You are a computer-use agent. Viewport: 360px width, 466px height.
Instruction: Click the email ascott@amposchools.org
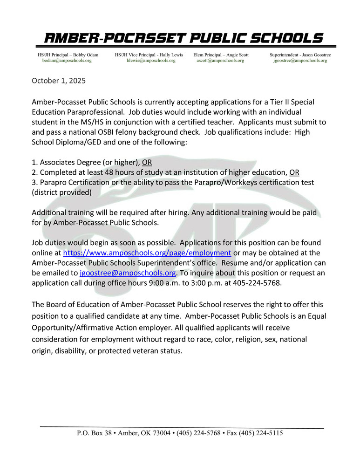pyautogui.click(x=220, y=61)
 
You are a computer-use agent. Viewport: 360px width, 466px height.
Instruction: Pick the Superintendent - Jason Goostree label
pyautogui.click(x=300, y=55)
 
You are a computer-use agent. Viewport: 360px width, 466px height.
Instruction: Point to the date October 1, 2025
pyautogui.click(x=59, y=81)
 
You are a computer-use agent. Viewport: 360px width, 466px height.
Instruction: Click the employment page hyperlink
pyautogui.click(x=147, y=253)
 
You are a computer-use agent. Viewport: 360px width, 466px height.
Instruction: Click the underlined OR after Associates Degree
pyautogui.click(x=147, y=162)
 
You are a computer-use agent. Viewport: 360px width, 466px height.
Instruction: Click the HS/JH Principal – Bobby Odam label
pyautogui.click(x=68, y=55)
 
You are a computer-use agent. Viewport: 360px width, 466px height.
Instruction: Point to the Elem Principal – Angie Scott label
pyautogui.click(x=221, y=55)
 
